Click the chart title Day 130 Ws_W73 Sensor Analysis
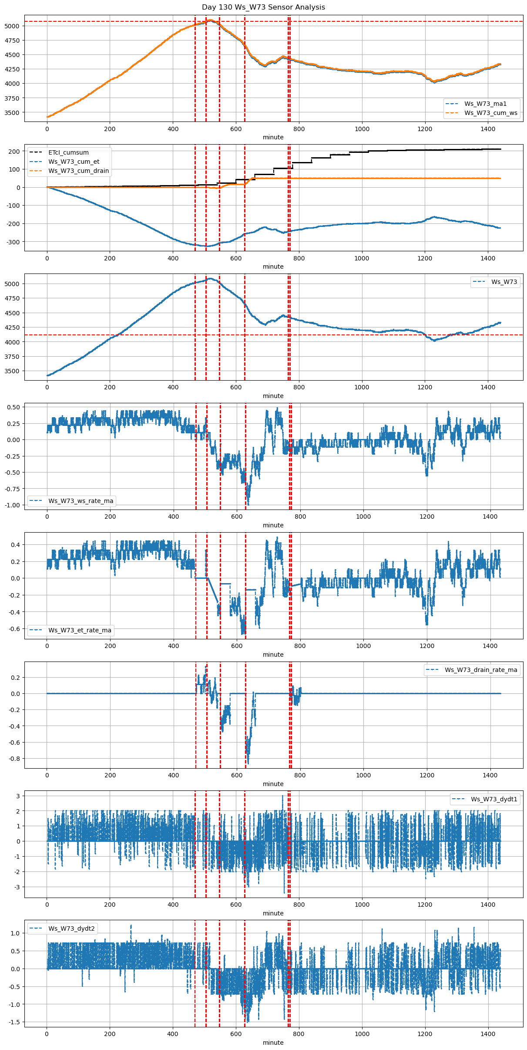[x=263, y=7]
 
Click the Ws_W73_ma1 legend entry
[x=485, y=104]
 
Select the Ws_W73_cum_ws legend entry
[x=490, y=113]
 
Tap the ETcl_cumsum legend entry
[x=68, y=152]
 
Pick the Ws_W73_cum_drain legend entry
[x=78, y=171]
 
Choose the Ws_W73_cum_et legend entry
[x=74, y=162]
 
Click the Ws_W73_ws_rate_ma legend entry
[x=81, y=501]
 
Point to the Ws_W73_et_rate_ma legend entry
[x=80, y=630]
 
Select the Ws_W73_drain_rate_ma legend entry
[x=481, y=670]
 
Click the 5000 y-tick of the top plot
[x=12, y=26]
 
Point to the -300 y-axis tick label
[x=13, y=242]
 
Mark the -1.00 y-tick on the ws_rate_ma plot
[x=12, y=505]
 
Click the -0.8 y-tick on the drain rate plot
[x=14, y=759]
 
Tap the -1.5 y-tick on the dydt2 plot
[x=14, y=1022]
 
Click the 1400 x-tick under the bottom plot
[x=488, y=1034]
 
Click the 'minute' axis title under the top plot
[x=273, y=137]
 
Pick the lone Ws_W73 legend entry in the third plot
[x=504, y=282]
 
